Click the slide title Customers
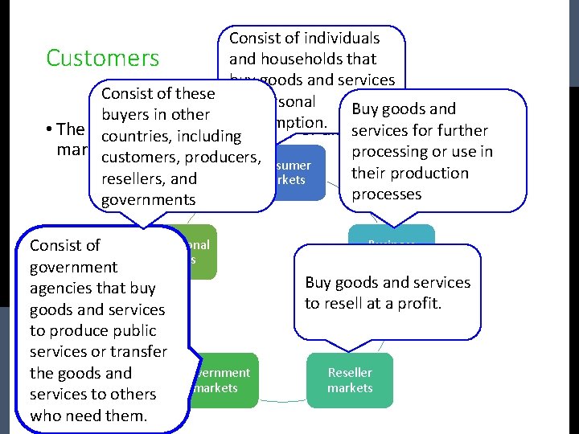pos(103,58)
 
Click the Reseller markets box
pos(350,380)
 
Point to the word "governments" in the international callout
pos(150,199)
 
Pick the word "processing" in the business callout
pos(392,151)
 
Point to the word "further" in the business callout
pos(459,130)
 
